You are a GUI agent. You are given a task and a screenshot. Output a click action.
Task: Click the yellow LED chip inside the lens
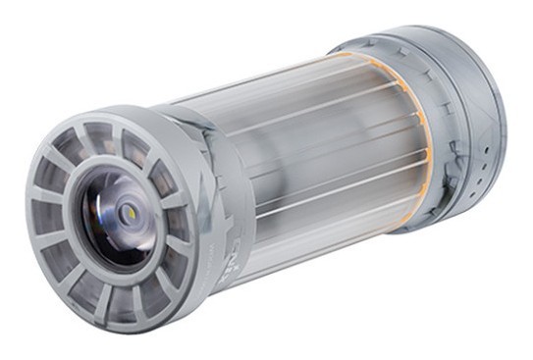click(130, 208)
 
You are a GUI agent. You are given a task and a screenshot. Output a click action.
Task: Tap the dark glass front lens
click(115, 218)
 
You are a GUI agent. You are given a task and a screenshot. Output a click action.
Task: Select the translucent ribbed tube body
click(314, 157)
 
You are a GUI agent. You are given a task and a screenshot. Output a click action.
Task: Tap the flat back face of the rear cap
click(496, 108)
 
